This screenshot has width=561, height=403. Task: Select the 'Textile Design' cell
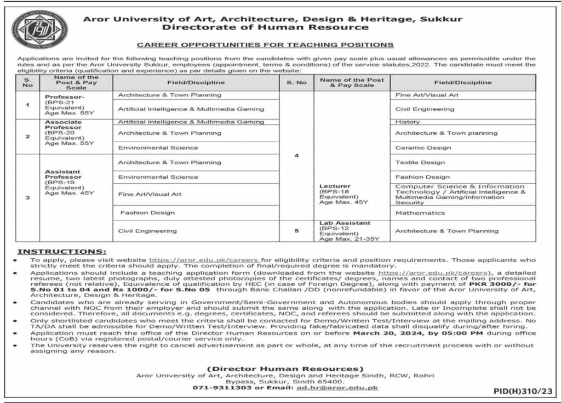point(420,162)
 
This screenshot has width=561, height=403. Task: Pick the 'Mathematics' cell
point(420,213)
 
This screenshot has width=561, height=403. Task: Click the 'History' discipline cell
point(408,122)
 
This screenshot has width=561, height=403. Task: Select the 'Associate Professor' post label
point(64,124)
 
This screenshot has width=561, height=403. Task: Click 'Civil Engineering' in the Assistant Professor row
point(147,231)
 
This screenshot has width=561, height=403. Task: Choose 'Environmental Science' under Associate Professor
point(158,147)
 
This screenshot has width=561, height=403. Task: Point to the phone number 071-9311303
point(217,388)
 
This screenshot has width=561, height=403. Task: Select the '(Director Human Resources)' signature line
point(285,368)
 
